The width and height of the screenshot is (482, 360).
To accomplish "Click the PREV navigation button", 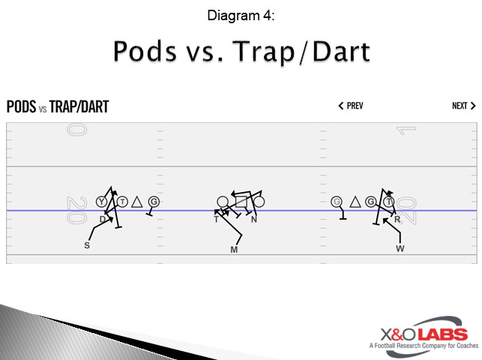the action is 351,106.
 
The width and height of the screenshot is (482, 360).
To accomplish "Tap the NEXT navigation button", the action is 464,106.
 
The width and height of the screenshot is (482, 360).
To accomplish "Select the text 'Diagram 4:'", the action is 241,16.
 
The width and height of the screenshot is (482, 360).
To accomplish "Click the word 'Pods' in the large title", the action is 145,51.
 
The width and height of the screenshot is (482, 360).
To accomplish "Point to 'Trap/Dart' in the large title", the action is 301,52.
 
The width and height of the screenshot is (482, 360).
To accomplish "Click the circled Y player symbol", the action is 101,202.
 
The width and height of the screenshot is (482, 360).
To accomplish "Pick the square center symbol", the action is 241,202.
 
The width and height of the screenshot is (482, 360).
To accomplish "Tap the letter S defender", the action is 87,245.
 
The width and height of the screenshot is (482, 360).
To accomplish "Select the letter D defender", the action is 103,219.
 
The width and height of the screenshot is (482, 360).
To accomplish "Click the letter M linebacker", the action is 234,250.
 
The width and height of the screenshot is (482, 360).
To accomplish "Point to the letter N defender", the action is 254,219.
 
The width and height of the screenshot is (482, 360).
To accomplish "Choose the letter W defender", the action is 400,249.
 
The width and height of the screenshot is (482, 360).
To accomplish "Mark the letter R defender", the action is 397,219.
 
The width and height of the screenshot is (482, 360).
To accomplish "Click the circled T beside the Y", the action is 122,202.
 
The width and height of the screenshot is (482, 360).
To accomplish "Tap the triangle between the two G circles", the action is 355,202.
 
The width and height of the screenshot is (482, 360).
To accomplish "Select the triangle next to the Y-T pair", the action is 136,202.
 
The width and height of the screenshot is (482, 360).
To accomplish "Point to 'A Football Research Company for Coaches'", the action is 424,346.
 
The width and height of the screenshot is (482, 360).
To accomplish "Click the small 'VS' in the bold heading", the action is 43,109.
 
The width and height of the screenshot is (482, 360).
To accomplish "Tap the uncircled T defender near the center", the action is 216,219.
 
